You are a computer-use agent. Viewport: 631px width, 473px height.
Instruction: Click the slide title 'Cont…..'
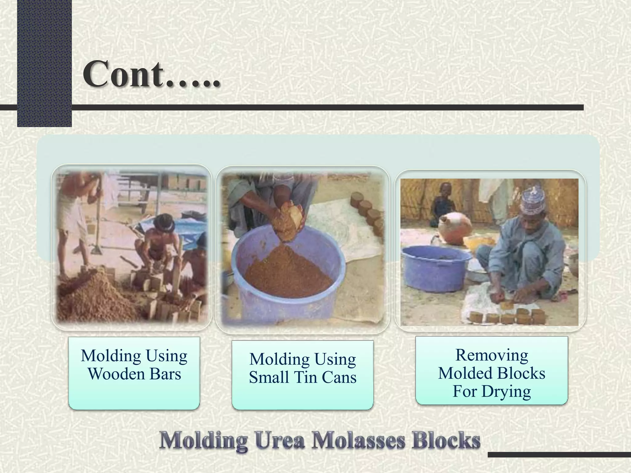pos(151,74)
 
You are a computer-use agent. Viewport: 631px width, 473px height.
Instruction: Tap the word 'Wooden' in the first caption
pos(116,374)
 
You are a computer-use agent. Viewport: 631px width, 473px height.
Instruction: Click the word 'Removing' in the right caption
pos(491,355)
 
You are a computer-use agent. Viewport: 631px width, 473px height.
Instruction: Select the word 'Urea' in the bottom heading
pos(280,441)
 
